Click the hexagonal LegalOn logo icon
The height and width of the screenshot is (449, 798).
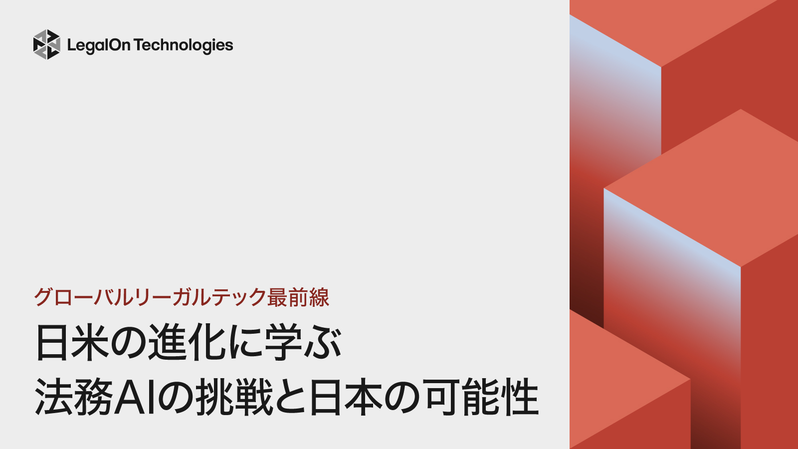[46, 44]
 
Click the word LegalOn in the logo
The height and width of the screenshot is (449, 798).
[99, 45]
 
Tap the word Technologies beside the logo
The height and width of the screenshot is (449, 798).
[183, 45]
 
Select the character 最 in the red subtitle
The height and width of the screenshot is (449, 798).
[277, 298]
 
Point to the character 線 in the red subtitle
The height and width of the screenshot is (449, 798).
[319, 298]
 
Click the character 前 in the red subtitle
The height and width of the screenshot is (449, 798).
[298, 298]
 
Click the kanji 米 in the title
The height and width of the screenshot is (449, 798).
[90, 343]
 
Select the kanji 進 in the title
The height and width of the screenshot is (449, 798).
[168, 343]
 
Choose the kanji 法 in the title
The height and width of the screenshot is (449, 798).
[54, 398]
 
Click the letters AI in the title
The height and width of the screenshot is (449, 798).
[137, 398]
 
